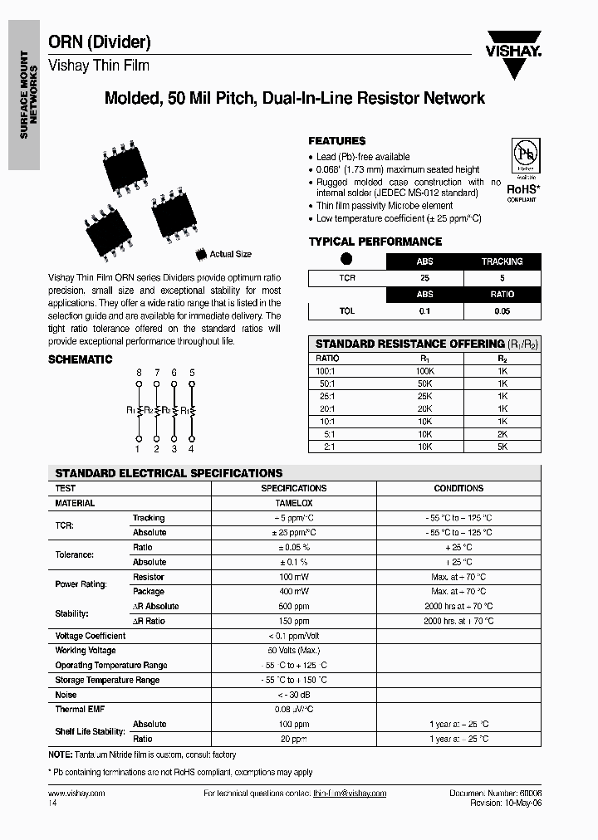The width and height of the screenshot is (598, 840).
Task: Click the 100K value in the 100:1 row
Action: click(x=424, y=372)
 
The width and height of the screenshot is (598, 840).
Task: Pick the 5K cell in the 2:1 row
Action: click(x=502, y=446)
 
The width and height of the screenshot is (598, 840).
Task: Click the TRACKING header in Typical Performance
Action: click(x=502, y=261)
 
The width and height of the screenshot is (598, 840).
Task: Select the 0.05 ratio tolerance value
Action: click(x=502, y=311)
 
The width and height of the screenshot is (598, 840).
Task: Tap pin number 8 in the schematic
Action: click(x=138, y=373)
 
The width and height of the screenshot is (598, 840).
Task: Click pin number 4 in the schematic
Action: click(x=192, y=449)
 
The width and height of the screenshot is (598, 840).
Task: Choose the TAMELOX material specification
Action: click(x=293, y=503)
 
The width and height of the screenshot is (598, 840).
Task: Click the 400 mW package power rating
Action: click(x=293, y=592)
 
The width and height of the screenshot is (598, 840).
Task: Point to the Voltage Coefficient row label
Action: click(x=91, y=636)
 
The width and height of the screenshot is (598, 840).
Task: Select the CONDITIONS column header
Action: click(x=458, y=489)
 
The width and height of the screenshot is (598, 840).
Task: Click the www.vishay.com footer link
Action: click(x=76, y=794)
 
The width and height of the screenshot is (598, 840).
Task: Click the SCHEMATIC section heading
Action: click(x=80, y=359)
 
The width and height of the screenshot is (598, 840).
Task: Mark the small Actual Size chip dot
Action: click(x=200, y=254)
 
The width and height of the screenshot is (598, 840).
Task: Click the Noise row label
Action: click(x=66, y=695)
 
